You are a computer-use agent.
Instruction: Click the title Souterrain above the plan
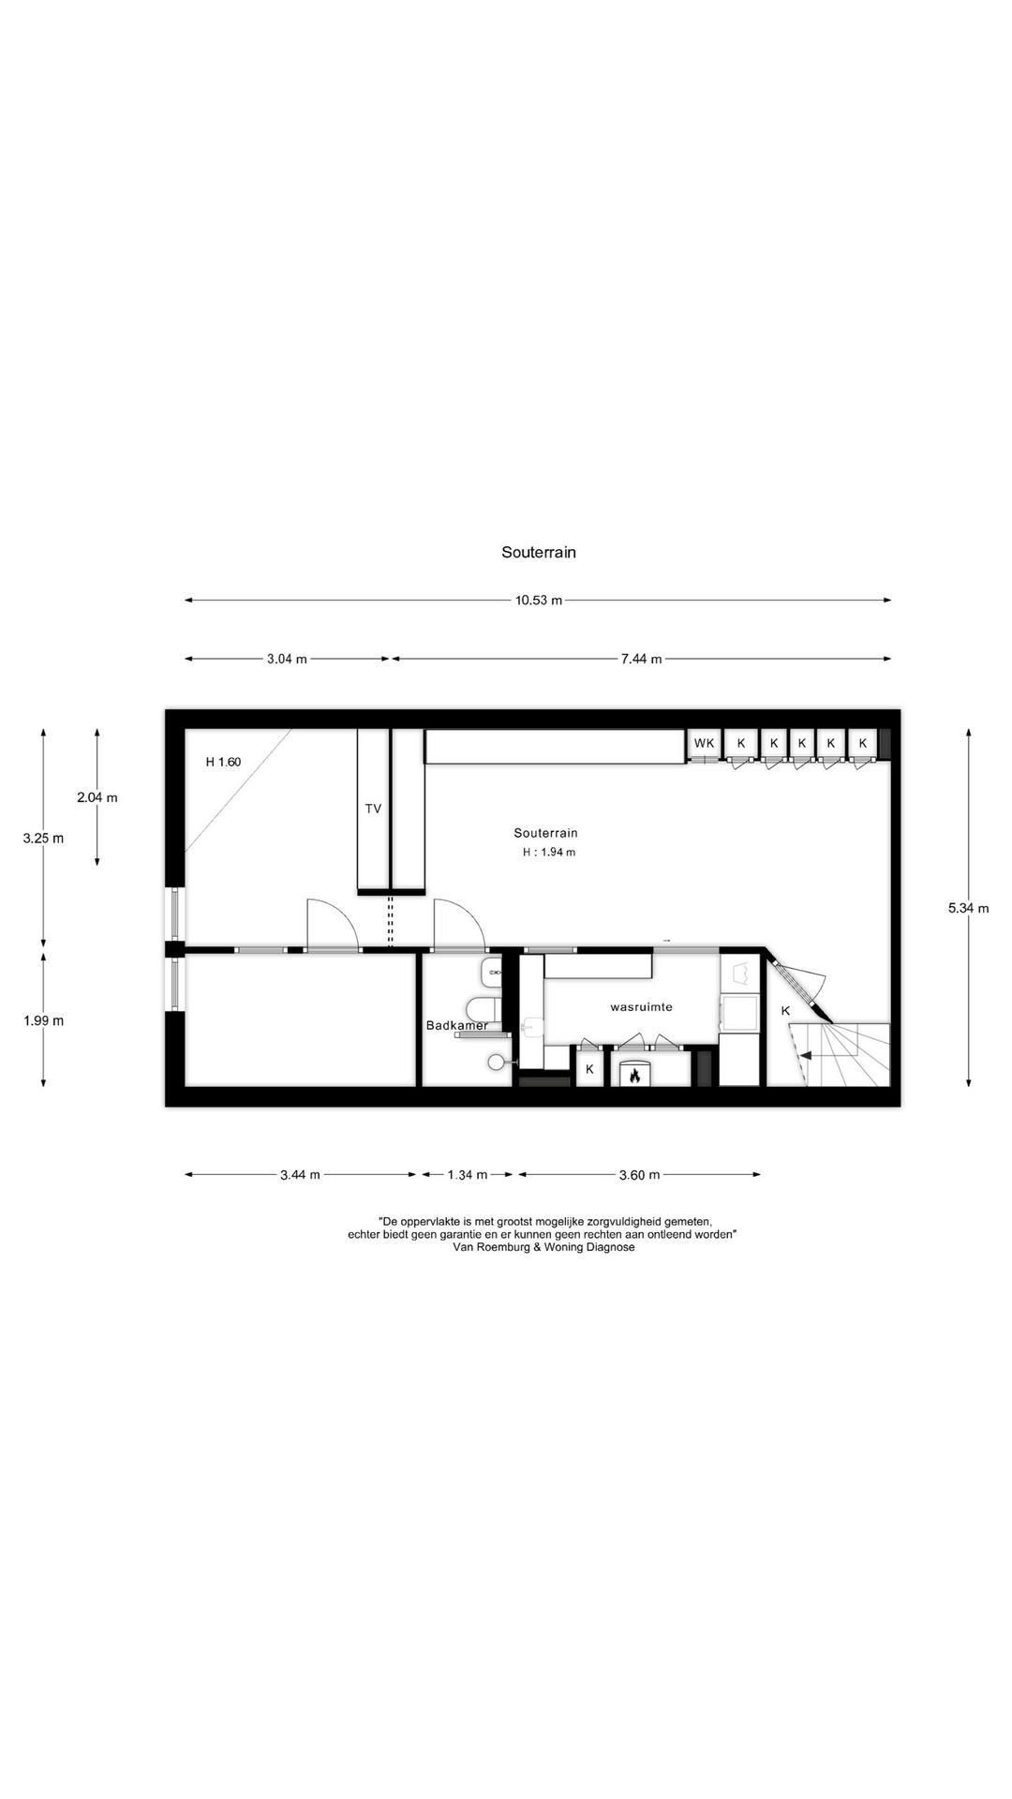pyautogui.click(x=539, y=552)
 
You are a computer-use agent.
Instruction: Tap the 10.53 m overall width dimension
pyautogui.click(x=539, y=601)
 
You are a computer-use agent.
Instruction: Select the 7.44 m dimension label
pyautogui.click(x=641, y=659)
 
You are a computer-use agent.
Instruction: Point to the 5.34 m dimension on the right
pyautogui.click(x=969, y=908)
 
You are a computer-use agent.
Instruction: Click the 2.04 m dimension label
pyautogui.click(x=97, y=798)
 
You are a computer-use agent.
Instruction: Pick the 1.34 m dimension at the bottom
pyautogui.click(x=467, y=1175)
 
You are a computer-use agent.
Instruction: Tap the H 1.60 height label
pyautogui.click(x=223, y=762)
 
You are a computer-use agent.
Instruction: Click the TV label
pyautogui.click(x=373, y=809)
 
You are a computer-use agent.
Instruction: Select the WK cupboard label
pyautogui.click(x=704, y=743)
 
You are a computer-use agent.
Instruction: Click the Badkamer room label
pyautogui.click(x=457, y=1025)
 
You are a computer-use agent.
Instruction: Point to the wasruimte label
pyautogui.click(x=641, y=1007)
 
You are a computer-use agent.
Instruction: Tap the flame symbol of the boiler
pyautogui.click(x=634, y=1075)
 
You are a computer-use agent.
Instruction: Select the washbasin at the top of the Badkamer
pyautogui.click(x=492, y=974)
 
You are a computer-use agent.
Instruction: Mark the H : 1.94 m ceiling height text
pyautogui.click(x=549, y=853)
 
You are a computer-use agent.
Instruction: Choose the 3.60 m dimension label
pyautogui.click(x=639, y=1175)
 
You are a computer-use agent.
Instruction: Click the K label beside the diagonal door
pyautogui.click(x=785, y=1011)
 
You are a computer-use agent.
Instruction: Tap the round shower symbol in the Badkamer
pyautogui.click(x=496, y=1062)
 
